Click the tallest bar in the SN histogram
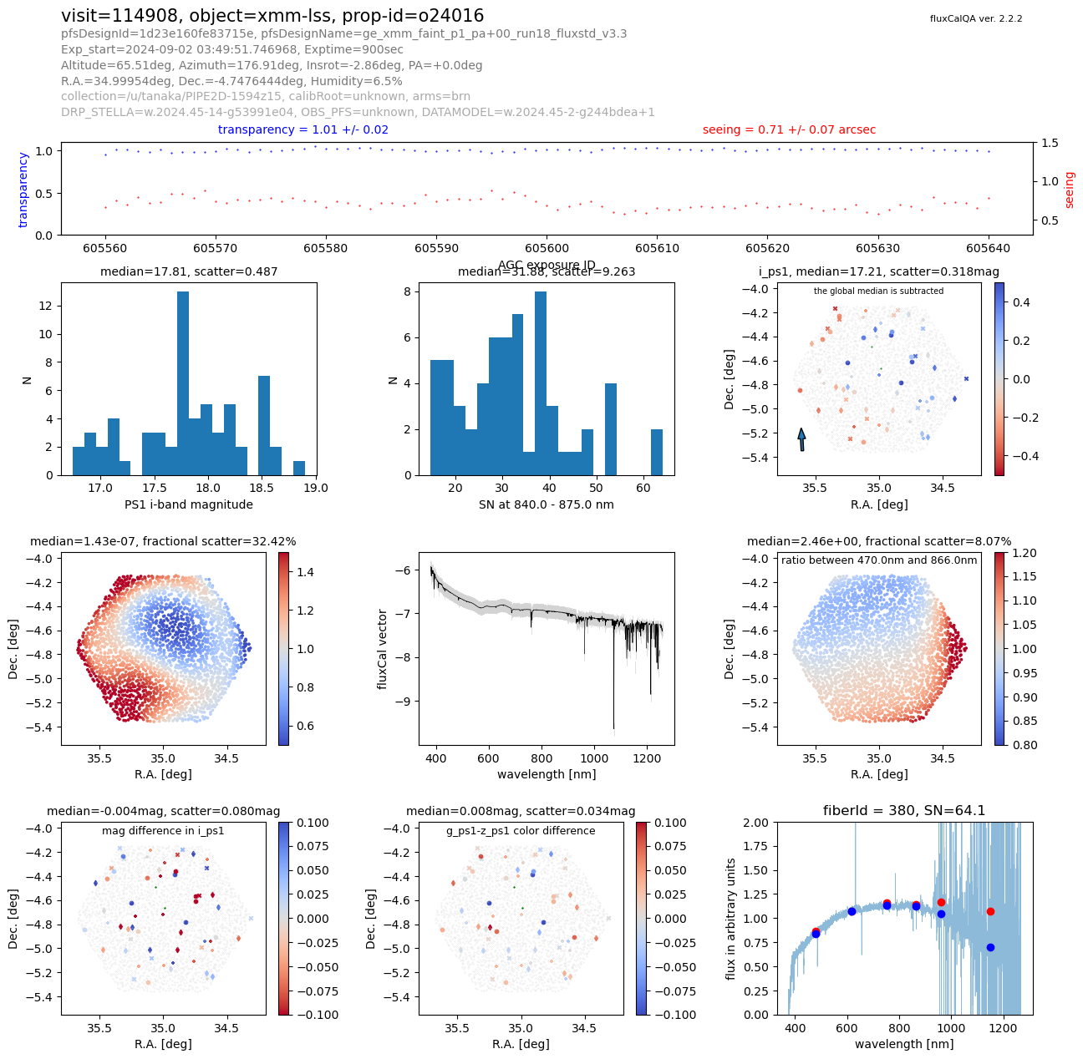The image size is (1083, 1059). click(541, 383)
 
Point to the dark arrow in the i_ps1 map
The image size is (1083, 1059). click(801, 439)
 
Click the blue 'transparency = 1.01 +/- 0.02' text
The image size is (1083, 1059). click(303, 130)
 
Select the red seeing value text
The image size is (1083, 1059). click(789, 130)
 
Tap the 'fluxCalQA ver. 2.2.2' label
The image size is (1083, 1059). click(975, 18)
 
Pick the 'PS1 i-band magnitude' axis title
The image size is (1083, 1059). click(189, 504)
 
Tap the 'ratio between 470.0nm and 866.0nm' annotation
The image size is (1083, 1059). click(878, 560)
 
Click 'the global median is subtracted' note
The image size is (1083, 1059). click(878, 291)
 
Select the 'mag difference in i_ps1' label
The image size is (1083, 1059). click(163, 831)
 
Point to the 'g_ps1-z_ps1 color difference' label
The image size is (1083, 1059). click(521, 831)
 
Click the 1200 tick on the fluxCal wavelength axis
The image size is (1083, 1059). click(647, 758)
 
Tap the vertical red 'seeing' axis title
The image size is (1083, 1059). click(1069, 190)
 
